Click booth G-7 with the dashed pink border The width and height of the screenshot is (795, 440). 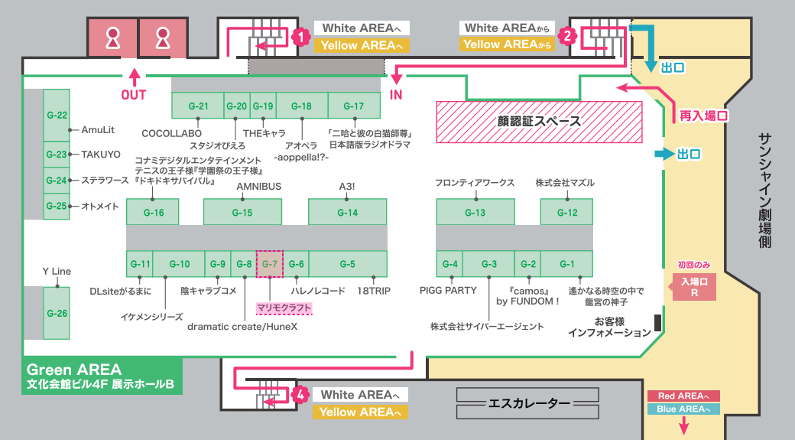click(x=269, y=264)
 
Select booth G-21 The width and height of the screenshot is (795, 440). click(x=198, y=106)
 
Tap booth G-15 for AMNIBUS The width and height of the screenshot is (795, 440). click(x=242, y=212)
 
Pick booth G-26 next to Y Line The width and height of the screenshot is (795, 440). click(x=57, y=313)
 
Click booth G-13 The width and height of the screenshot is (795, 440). click(x=475, y=212)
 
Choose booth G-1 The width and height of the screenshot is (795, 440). click(x=566, y=264)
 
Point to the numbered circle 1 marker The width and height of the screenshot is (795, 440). click(x=301, y=36)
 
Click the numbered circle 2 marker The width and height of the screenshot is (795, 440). click(x=566, y=35)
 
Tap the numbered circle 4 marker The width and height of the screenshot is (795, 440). click(x=301, y=394)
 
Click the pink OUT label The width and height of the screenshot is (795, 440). click(x=134, y=95)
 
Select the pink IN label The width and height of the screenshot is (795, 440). click(x=396, y=95)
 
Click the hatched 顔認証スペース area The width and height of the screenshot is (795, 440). click(x=539, y=122)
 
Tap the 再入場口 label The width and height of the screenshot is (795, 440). click(x=703, y=116)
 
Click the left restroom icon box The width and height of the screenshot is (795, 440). click(x=112, y=38)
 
